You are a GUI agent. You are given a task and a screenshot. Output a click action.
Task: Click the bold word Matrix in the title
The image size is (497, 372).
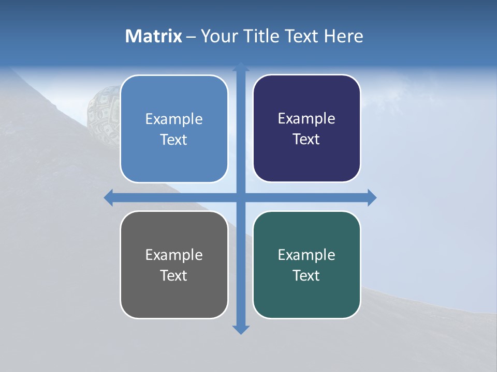pyautogui.click(x=153, y=36)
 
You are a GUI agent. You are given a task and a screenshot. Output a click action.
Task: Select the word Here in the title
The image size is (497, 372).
pyautogui.click(x=344, y=36)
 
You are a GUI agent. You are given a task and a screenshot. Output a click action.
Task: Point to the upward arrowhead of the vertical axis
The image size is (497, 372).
pyautogui.click(x=240, y=67)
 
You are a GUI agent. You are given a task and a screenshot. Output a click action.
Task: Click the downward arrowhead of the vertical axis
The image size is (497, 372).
pyautogui.click(x=240, y=330)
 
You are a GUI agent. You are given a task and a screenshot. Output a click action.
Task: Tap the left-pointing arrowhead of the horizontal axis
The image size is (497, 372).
pyautogui.click(x=109, y=197)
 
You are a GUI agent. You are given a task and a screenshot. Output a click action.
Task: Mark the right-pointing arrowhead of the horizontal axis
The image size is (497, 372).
pyautogui.click(x=372, y=197)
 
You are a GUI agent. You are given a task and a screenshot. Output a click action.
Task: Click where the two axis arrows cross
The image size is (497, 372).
pyautogui.click(x=240, y=197)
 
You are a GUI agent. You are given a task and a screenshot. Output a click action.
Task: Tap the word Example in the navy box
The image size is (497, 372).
pyautogui.click(x=306, y=119)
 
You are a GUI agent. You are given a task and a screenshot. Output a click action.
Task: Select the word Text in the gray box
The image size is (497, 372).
pyautogui.click(x=173, y=275)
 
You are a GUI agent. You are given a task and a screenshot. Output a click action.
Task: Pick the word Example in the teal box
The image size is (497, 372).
pyautogui.click(x=306, y=255)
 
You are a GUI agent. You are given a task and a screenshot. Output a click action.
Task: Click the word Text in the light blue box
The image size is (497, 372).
pyautogui.click(x=173, y=139)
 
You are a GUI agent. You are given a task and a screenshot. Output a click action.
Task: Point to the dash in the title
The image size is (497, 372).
pyautogui.click(x=191, y=37)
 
